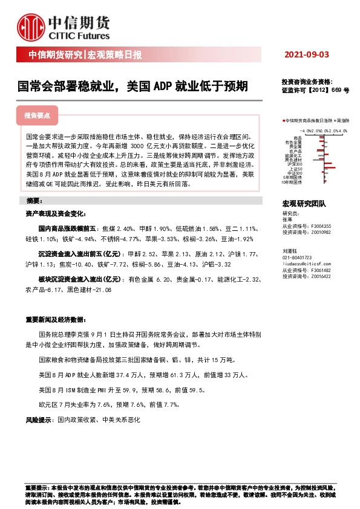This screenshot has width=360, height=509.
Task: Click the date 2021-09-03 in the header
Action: pyautogui.click(x=306, y=55)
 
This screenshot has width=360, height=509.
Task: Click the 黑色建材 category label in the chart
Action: pyautogui.click(x=293, y=160)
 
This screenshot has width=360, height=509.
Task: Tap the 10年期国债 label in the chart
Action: pyautogui.click(x=293, y=182)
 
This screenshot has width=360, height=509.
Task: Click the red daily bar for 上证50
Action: pyautogui.click(x=330, y=167)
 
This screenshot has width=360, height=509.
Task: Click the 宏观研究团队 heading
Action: pyautogui.click(x=304, y=206)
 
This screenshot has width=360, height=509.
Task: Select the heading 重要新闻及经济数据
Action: pyautogui.click(x=55, y=319)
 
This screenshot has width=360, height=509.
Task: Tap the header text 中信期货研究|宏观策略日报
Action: pyautogui.click(x=85, y=55)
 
